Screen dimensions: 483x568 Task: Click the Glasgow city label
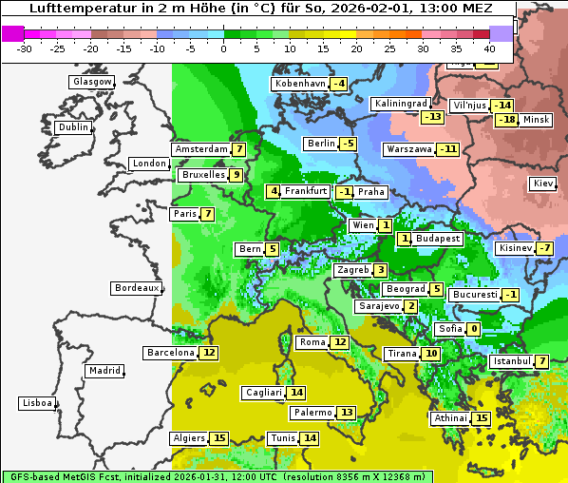click(x=92, y=82)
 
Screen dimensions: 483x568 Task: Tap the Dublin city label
click(x=72, y=127)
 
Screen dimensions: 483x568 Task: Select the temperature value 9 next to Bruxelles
click(x=236, y=175)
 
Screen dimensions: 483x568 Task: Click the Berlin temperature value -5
click(x=349, y=144)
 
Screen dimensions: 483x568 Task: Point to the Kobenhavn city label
click(x=300, y=84)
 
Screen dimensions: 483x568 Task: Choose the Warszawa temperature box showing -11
click(x=447, y=149)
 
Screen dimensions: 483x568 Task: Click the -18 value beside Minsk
click(x=507, y=120)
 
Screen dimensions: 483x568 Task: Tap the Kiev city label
click(x=543, y=184)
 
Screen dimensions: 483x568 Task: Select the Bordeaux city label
click(x=137, y=288)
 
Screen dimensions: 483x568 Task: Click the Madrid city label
click(x=104, y=371)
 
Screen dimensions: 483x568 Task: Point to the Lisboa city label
click(x=37, y=403)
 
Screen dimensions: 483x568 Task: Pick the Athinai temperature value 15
click(x=482, y=418)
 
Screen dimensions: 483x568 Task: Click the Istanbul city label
click(x=512, y=361)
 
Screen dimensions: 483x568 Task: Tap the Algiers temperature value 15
click(x=219, y=438)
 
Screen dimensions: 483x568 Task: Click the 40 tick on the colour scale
click(x=489, y=48)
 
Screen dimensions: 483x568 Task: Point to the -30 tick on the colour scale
click(x=25, y=48)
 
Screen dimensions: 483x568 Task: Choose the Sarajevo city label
click(x=378, y=306)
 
